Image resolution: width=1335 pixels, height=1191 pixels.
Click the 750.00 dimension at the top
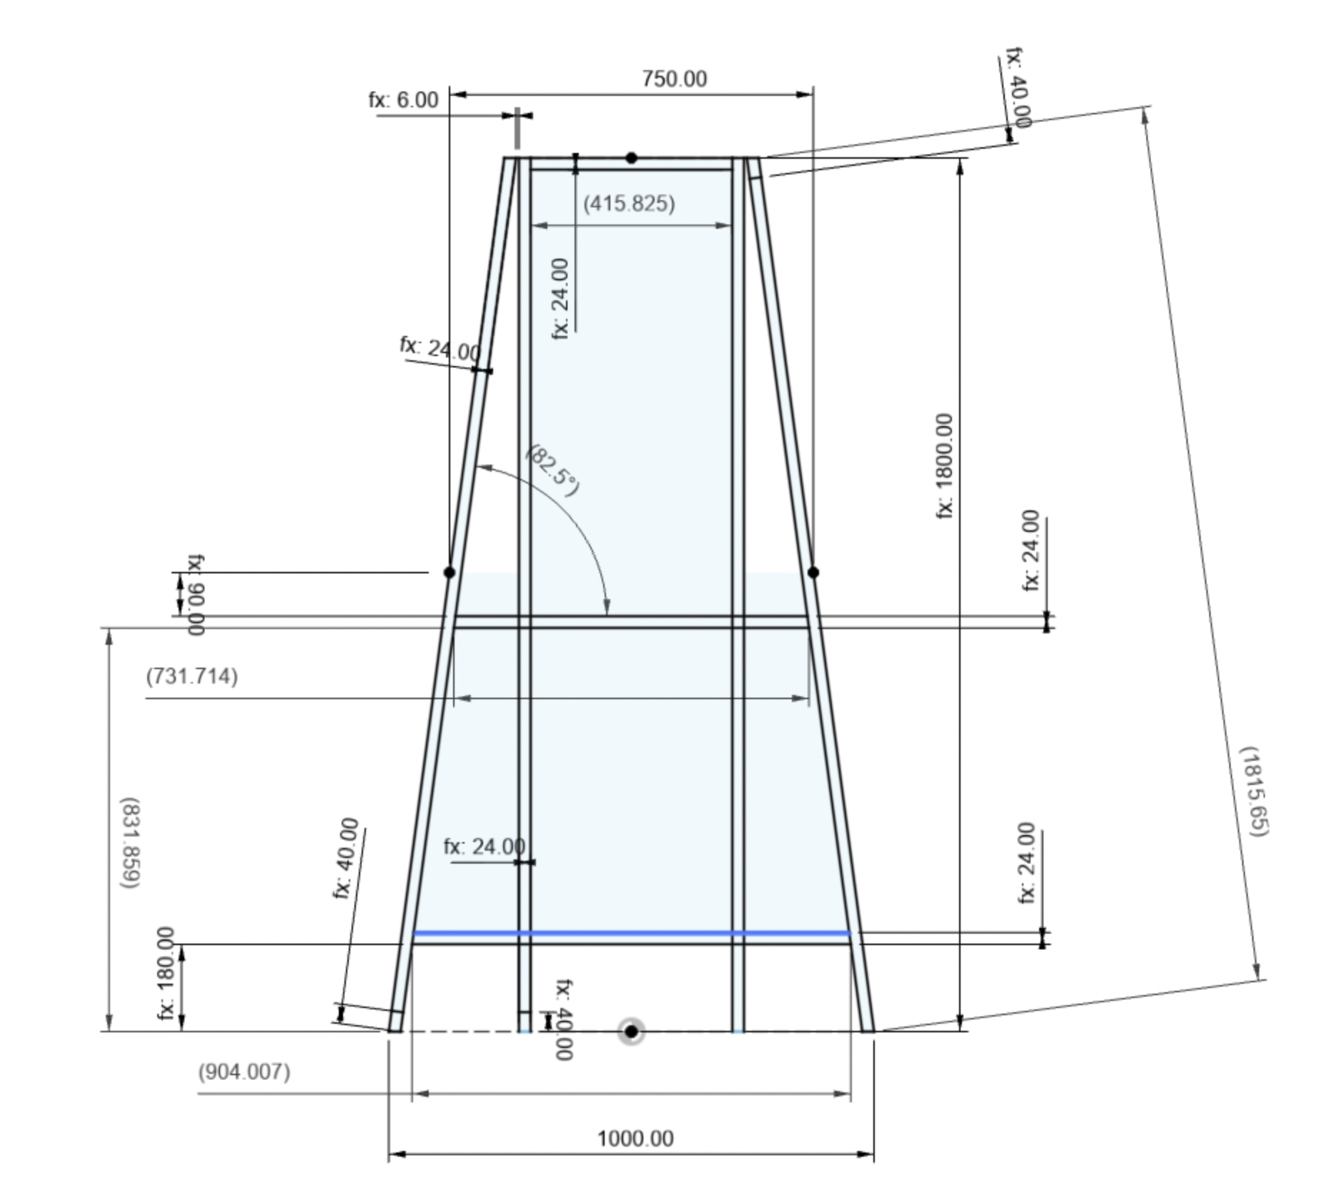tap(674, 78)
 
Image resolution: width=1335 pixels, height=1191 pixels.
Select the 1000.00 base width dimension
tap(635, 1138)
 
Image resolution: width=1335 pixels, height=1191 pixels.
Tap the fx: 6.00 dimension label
tap(404, 100)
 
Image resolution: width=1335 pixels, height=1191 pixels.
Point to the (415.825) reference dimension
tap(629, 204)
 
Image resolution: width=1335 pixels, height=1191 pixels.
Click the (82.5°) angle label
tap(553, 470)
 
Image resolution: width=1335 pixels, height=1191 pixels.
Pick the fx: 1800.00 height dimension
tap(944, 465)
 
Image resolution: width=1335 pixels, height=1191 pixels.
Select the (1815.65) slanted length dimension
tap(1254, 791)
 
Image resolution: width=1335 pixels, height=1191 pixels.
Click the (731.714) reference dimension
tap(192, 676)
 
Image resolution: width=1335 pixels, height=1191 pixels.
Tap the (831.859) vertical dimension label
tap(129, 843)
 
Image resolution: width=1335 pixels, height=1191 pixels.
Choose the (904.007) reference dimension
tap(244, 1072)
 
